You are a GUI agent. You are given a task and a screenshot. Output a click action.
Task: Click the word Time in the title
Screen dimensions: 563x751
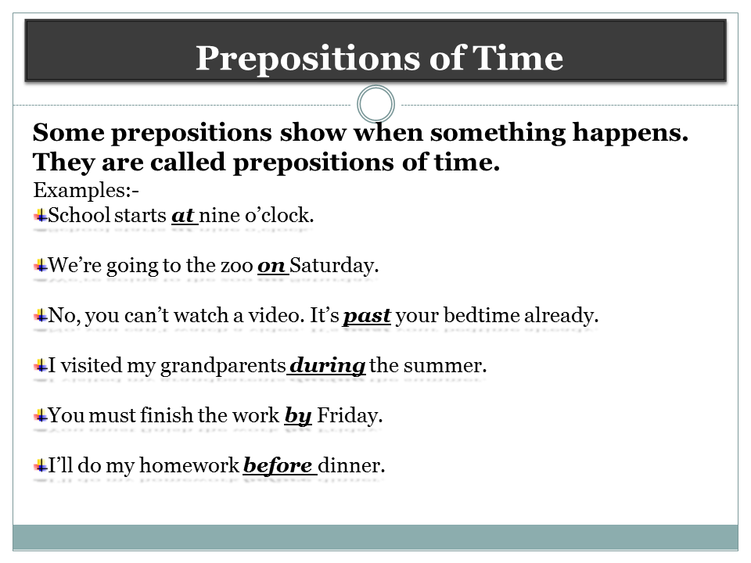click(521, 59)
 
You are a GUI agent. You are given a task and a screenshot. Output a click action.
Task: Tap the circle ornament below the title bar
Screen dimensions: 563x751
click(375, 104)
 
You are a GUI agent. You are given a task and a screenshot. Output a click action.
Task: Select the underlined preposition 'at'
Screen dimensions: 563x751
click(183, 216)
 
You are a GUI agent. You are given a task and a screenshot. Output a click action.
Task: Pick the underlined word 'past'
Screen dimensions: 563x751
click(367, 316)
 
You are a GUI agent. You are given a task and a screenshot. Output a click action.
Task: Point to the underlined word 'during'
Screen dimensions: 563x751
click(327, 366)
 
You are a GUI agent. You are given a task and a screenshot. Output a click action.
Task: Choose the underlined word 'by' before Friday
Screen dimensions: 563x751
click(298, 416)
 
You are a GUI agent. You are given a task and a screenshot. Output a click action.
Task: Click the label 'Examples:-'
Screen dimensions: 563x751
click(86, 190)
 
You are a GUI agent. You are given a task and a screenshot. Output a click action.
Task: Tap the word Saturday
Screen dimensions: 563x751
click(334, 266)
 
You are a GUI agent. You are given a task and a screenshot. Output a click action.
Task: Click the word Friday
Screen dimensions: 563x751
click(349, 416)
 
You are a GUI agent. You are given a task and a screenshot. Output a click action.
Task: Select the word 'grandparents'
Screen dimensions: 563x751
click(222, 366)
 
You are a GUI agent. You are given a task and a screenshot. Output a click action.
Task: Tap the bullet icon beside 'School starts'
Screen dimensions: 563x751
click(40, 215)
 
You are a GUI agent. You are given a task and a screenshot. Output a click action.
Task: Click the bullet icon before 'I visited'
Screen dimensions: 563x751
click(40, 365)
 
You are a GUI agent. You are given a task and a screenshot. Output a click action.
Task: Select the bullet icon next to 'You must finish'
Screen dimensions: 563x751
click(40, 415)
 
